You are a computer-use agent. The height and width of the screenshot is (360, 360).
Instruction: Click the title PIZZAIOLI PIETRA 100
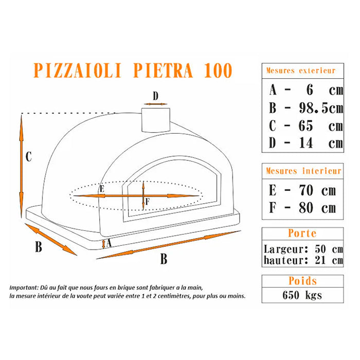(133, 70)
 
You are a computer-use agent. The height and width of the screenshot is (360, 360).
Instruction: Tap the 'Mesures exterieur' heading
(301, 70)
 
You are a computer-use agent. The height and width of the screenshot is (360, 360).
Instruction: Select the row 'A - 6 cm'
(305, 90)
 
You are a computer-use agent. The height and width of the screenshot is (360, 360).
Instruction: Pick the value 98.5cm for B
(320, 108)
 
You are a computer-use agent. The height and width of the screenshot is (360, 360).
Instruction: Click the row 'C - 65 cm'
(305, 125)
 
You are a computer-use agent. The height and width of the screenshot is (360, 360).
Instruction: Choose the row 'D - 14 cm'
(305, 142)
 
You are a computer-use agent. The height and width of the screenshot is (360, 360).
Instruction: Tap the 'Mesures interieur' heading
(303, 171)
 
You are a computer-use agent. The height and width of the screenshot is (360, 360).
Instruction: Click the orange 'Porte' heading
(302, 233)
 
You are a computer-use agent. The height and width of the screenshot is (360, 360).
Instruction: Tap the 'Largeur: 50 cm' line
(302, 249)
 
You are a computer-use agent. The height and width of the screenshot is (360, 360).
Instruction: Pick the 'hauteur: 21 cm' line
(302, 260)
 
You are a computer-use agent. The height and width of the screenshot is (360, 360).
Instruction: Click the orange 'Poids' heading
(302, 281)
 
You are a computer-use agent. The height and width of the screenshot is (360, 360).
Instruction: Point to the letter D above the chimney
(155, 96)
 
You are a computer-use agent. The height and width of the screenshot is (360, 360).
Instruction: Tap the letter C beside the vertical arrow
(29, 157)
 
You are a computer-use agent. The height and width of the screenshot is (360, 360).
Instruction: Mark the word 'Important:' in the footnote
(23, 288)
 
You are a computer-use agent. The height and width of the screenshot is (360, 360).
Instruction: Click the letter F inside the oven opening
(148, 202)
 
